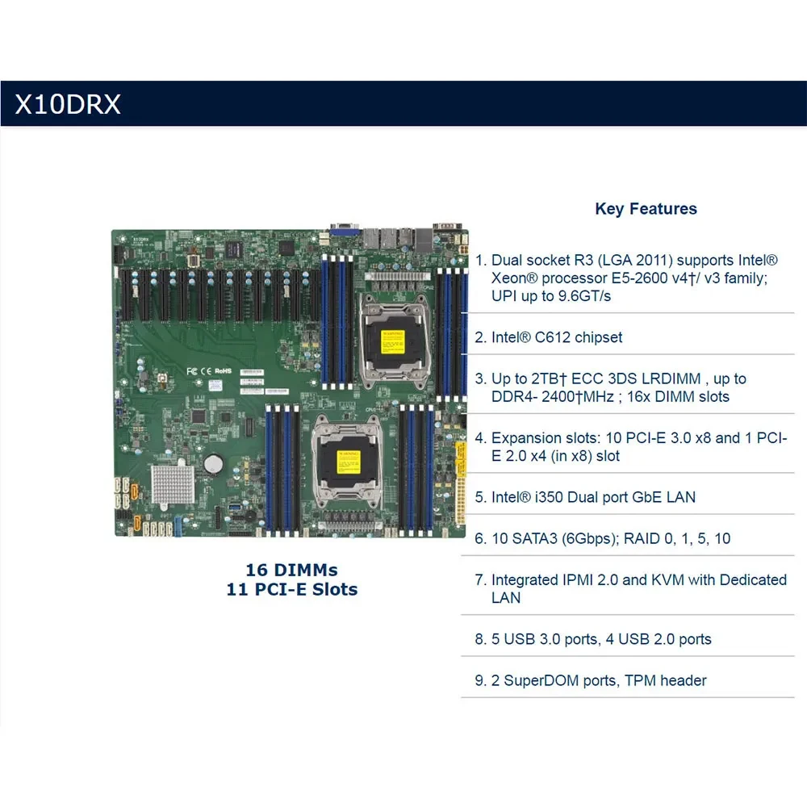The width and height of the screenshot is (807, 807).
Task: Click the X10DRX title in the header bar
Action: (68, 104)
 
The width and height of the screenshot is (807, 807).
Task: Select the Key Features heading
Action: (646, 209)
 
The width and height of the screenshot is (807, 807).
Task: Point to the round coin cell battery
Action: (213, 463)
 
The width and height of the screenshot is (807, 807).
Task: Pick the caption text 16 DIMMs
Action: (291, 571)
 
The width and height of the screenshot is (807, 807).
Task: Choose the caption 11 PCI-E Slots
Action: (291, 590)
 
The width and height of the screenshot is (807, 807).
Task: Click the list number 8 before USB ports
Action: (479, 639)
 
